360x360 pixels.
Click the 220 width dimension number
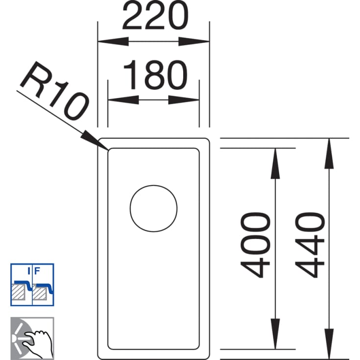tap(155, 15)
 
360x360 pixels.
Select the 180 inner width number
tap(156, 75)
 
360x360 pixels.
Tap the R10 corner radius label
tap(55, 91)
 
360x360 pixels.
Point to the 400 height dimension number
tap(255, 245)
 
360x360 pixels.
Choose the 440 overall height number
tap(310, 245)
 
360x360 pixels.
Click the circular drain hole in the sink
tap(153, 209)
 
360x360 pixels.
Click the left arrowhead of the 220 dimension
tap(113, 42)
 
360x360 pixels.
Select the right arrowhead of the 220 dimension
tap(194, 42)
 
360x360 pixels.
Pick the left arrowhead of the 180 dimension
tap(123, 100)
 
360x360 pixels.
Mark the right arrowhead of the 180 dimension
tap(184, 100)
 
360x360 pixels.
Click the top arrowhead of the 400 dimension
tap(275, 164)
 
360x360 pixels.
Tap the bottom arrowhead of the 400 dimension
tap(275, 334)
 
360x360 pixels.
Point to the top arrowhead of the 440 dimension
tap(329, 154)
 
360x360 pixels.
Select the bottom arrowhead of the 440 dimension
tap(329, 344)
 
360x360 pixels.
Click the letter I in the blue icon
tap(29, 271)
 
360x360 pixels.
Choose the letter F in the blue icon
tap(37, 271)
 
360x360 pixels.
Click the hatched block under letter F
tap(40, 292)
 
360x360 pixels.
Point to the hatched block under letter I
tap(19, 292)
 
